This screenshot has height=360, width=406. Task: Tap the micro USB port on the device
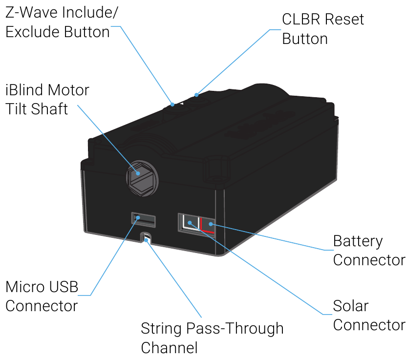point(144,220)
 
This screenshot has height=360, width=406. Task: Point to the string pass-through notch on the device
point(146,238)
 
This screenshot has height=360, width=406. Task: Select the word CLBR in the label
point(301,20)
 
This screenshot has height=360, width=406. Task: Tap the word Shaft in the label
point(49,109)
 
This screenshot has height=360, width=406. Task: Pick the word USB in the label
point(64,287)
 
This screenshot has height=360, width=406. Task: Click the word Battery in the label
point(358,242)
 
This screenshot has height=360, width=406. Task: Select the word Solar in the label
point(351,306)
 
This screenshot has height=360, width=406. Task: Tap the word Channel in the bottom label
point(170,348)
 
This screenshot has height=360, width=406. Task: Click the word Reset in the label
point(344,20)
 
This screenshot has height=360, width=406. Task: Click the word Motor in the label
point(68,90)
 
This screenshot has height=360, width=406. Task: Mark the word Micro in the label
point(25,287)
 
